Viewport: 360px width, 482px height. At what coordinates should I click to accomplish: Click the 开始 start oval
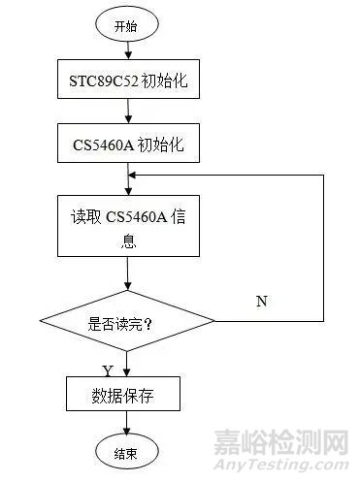(x=125, y=27)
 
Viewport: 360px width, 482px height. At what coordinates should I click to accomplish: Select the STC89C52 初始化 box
(x=126, y=84)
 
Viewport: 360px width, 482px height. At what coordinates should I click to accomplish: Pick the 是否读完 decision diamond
(x=126, y=321)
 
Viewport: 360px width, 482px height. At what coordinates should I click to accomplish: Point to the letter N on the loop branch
(x=261, y=302)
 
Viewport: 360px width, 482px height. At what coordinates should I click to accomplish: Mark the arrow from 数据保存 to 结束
(x=126, y=425)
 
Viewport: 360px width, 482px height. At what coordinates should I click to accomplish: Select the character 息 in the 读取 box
(x=127, y=245)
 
